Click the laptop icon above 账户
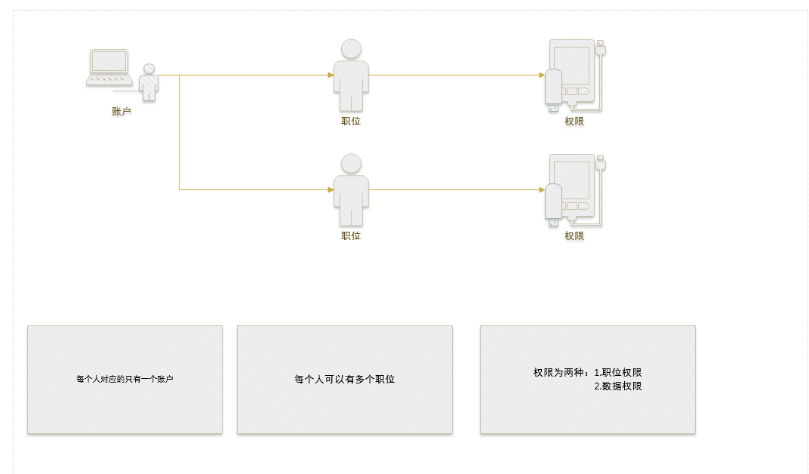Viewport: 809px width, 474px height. click(x=109, y=67)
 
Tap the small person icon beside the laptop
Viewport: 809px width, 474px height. click(x=149, y=82)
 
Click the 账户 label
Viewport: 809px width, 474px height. click(x=122, y=111)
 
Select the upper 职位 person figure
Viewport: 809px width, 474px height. click(x=351, y=75)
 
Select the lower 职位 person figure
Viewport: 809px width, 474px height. click(x=351, y=189)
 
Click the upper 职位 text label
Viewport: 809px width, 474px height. click(x=351, y=122)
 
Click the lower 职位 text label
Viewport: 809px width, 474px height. click(x=351, y=235)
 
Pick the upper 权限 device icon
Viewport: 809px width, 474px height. click(x=575, y=75)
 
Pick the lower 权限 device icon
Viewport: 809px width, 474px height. click(x=575, y=189)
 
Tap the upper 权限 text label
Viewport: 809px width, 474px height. click(x=574, y=122)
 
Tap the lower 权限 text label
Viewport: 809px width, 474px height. click(x=574, y=235)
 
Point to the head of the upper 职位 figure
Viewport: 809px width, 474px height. click(x=351, y=49)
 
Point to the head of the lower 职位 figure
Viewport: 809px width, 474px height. click(x=351, y=164)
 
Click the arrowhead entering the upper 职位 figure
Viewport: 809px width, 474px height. click(x=331, y=75)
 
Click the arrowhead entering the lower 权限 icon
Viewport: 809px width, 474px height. click(x=542, y=189)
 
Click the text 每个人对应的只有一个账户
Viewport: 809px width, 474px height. click(x=125, y=379)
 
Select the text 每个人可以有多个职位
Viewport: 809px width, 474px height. click(x=345, y=379)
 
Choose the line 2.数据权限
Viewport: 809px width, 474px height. click(x=618, y=386)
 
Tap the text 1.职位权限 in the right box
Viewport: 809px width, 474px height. click(x=618, y=372)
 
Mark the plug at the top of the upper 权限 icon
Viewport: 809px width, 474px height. click(x=601, y=48)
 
